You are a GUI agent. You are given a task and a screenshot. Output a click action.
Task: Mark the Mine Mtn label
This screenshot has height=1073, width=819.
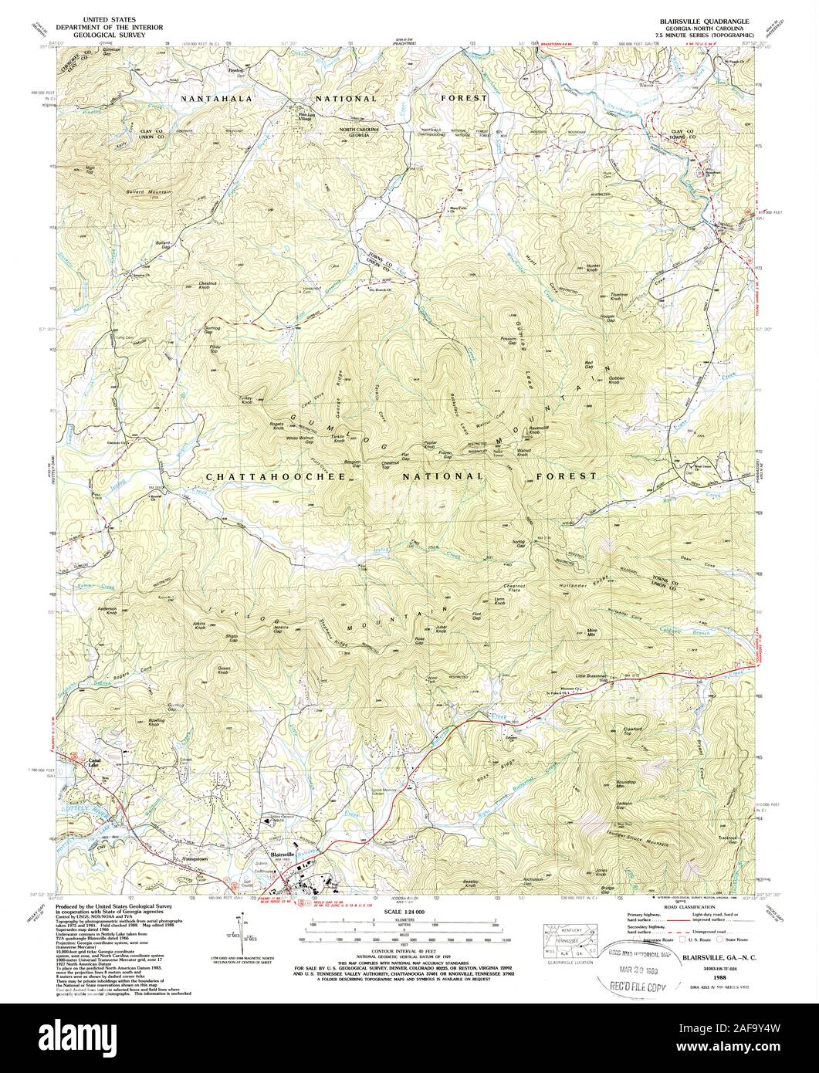point(593,631)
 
